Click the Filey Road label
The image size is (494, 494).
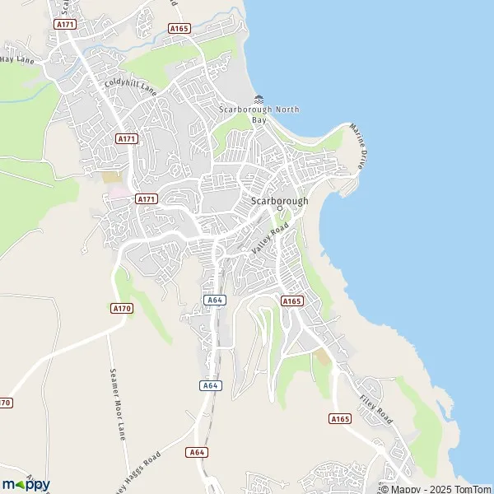click(x=377, y=409)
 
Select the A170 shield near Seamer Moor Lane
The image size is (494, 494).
click(x=120, y=308)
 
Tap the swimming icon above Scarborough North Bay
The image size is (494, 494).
click(x=259, y=100)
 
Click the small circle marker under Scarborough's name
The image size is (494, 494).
click(x=279, y=209)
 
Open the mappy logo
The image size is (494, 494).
click(x=26, y=483)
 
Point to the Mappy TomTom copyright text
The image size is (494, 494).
click(x=436, y=489)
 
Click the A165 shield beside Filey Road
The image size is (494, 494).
click(x=339, y=419)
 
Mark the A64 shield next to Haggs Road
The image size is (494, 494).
click(x=195, y=452)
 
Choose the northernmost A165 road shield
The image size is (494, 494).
click(x=179, y=28)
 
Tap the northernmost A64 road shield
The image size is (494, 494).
click(x=215, y=300)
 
